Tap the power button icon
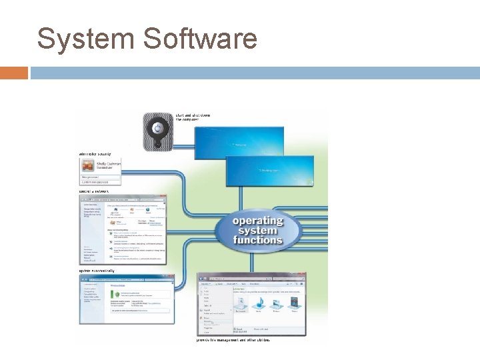[157, 129]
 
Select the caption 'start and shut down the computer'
[193, 117]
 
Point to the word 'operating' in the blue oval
[257, 221]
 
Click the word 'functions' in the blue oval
[257, 240]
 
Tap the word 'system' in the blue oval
[257, 230]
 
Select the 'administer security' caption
[95, 153]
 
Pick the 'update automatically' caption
[97, 271]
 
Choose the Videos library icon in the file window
[294, 304]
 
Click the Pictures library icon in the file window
[276, 304]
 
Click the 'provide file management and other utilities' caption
[233, 339]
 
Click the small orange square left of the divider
[14, 72]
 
